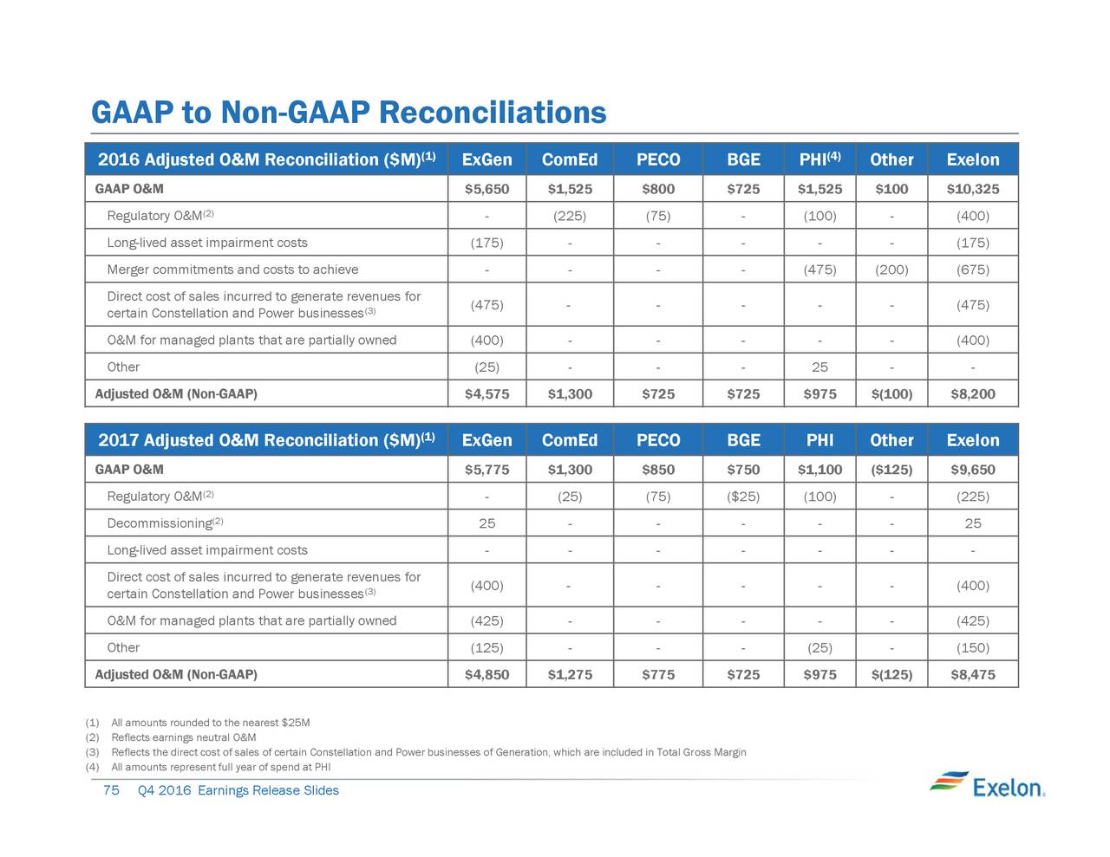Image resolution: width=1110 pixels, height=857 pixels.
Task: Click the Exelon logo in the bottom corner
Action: point(987,785)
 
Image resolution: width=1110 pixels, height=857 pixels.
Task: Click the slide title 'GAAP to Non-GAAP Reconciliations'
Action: point(349,112)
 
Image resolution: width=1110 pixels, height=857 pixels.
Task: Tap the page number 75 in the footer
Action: point(111,790)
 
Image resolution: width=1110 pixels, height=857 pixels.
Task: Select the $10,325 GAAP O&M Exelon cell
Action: point(973,189)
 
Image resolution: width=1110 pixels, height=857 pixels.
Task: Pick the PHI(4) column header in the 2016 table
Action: point(819,159)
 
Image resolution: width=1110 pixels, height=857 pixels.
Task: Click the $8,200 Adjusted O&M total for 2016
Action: point(973,393)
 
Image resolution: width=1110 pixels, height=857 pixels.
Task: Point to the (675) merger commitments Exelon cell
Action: point(973,269)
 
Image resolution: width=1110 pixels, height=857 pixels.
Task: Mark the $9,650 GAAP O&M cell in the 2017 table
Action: point(973,470)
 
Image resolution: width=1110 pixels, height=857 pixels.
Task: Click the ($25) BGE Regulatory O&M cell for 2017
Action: point(743,497)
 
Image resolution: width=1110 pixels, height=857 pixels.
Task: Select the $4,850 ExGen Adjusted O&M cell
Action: point(486,674)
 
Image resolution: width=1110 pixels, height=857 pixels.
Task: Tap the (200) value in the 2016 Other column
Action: point(891,269)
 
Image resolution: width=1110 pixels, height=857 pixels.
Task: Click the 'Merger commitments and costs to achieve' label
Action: point(232,269)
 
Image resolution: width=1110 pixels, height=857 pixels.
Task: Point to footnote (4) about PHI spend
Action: point(208,767)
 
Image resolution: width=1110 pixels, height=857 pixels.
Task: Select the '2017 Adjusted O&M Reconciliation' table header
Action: point(266,439)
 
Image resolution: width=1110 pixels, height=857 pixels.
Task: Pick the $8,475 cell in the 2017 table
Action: point(973,674)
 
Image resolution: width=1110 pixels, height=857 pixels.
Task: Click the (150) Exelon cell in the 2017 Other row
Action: point(973,647)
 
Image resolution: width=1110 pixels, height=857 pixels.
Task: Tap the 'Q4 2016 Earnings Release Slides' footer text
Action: point(238,790)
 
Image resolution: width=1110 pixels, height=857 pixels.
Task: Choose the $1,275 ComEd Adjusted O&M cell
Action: point(570,674)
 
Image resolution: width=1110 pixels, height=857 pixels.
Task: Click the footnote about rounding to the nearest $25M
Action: point(198,722)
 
